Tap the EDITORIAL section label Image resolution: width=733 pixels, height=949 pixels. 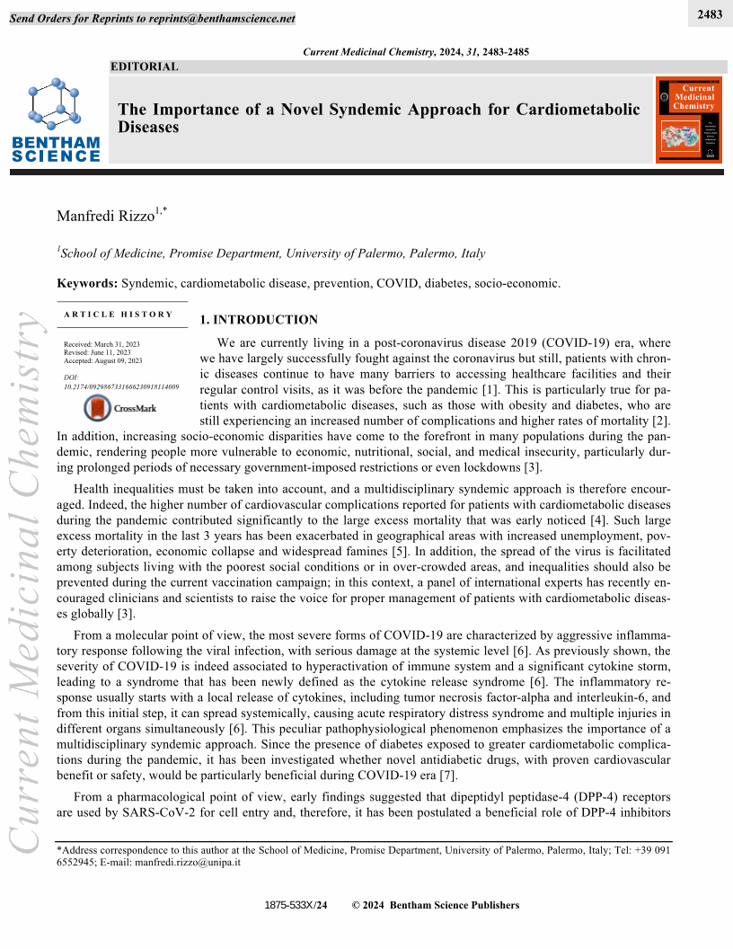(x=145, y=67)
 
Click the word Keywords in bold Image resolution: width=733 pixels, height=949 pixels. (x=87, y=283)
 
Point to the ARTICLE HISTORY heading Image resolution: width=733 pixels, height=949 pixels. (x=119, y=315)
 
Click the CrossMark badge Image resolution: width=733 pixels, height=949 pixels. (x=119, y=409)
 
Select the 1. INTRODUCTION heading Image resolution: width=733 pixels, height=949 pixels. (x=259, y=320)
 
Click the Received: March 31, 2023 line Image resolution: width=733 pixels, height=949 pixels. (x=102, y=344)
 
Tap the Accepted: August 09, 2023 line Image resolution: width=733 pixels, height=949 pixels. (x=103, y=360)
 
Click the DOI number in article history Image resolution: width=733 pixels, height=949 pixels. (x=121, y=386)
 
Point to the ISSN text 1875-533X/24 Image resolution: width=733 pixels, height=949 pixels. (x=296, y=905)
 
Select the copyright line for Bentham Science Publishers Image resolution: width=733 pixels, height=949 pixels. (x=436, y=905)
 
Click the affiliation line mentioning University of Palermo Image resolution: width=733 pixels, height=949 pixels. (x=271, y=253)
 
